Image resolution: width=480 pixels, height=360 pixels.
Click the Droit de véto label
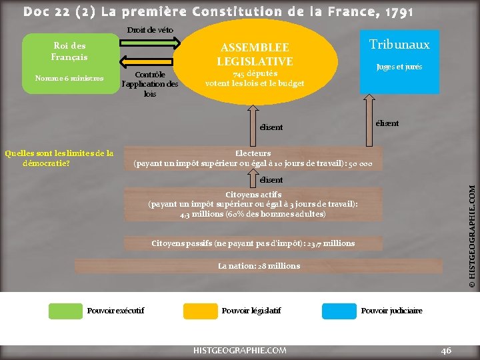[150, 30]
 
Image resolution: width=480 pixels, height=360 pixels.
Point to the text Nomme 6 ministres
[69, 79]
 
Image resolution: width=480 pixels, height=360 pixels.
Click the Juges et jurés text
[399, 67]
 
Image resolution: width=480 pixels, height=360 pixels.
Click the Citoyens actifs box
[253, 204]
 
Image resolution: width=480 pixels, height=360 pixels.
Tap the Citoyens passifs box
[253, 243]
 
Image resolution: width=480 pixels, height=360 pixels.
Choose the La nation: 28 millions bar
[259, 266]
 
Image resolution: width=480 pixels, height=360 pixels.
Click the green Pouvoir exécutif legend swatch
[64, 311]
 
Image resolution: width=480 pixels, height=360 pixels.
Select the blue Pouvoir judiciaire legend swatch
[338, 311]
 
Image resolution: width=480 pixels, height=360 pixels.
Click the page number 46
[446, 350]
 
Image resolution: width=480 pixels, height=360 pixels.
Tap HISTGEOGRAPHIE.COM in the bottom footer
[239, 350]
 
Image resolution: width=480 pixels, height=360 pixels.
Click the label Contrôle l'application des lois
[150, 84]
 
